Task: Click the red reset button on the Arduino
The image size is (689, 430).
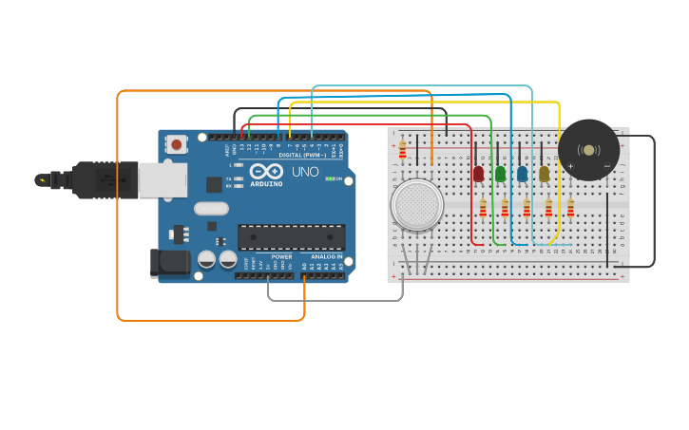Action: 176,144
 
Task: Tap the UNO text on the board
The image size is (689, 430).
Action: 305,172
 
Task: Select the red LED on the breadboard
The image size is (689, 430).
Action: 478,174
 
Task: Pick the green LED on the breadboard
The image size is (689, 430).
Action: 500,174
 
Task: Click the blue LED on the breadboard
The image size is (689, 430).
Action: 522,174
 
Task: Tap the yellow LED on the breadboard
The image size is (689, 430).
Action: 544,174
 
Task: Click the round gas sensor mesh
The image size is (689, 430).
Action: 416,204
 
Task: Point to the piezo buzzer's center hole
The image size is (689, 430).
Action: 588,150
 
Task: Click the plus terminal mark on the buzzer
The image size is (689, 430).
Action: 570,166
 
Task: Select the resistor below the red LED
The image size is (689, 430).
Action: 483,207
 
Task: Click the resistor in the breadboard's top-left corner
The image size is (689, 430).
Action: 402,150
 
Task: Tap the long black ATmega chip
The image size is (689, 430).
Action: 291,237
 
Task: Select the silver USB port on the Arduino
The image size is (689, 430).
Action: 162,179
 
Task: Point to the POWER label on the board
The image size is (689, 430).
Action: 281,256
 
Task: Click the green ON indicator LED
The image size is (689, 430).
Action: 330,178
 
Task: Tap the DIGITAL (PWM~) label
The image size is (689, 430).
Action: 302,155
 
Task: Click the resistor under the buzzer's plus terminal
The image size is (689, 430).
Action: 570,207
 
